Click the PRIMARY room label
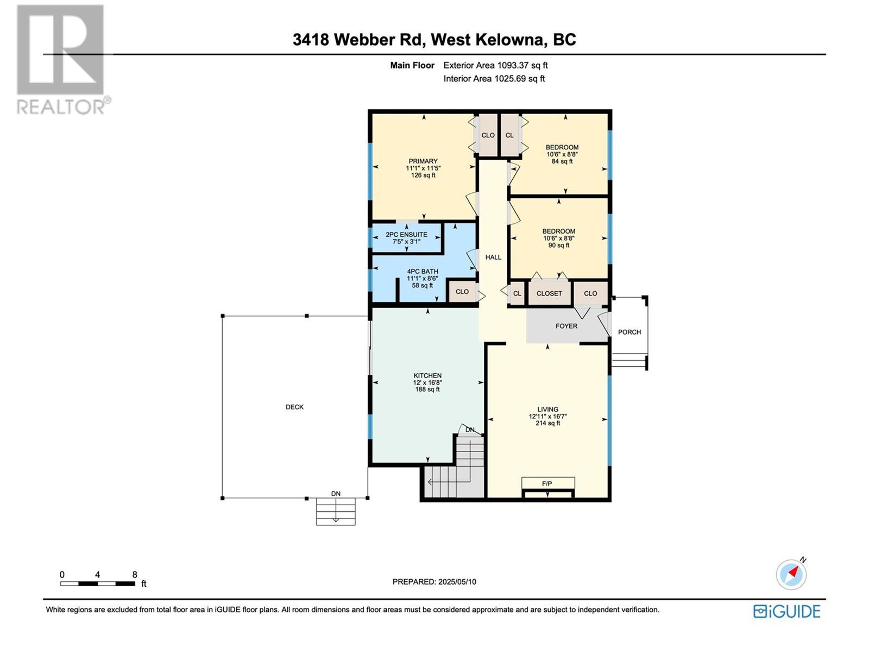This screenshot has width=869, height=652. (423, 161)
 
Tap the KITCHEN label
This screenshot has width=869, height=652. (427, 375)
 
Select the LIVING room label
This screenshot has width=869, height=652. (547, 409)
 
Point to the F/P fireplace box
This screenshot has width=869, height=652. (548, 484)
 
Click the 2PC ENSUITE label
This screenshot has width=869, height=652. (406, 234)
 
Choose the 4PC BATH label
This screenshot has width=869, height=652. (423, 271)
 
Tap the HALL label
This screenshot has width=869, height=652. (493, 257)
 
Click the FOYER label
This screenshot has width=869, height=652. (566, 326)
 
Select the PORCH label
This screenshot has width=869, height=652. (629, 332)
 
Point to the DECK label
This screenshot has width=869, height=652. (294, 406)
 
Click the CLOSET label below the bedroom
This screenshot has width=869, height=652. (549, 293)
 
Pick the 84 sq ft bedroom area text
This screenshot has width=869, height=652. (562, 161)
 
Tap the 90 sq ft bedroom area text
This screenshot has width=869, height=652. (559, 245)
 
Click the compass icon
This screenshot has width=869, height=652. (791, 574)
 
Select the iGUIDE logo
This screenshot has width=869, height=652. (787, 611)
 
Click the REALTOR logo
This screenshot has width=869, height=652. (62, 60)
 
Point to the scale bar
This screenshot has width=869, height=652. (98, 584)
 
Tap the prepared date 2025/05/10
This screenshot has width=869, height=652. (457, 581)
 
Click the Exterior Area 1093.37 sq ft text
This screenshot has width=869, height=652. (495, 65)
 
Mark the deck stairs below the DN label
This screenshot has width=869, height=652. (336, 511)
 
